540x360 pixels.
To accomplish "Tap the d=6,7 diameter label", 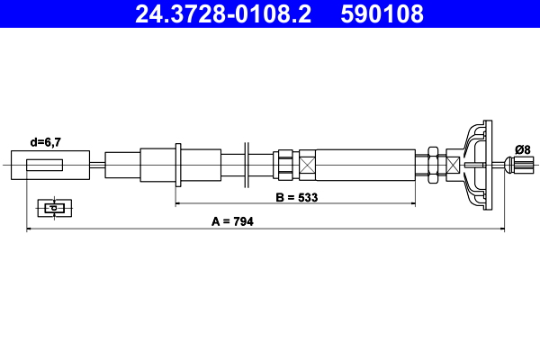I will coord(47,141).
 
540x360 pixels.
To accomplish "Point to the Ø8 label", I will coord(521,148).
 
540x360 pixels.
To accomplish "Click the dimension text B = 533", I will coord(297,195).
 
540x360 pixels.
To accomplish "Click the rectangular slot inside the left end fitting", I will coord(45,166).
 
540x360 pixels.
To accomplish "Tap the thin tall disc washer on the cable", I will coord(245,166).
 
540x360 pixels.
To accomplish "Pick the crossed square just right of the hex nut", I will coord(453,166).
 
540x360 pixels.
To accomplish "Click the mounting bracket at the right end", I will coord(478,166).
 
